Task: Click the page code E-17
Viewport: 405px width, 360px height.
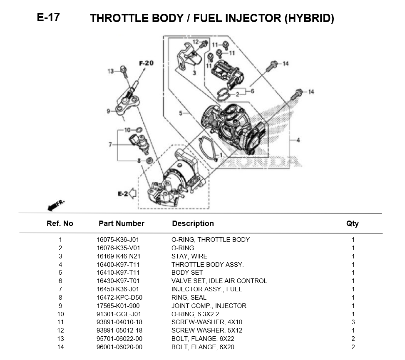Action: (x=48, y=17)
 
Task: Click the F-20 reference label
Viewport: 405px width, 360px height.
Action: (x=146, y=63)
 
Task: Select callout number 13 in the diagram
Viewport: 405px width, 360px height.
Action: (x=111, y=72)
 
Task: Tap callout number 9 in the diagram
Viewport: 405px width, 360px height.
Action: (x=108, y=111)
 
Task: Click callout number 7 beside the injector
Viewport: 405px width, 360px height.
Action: (x=110, y=144)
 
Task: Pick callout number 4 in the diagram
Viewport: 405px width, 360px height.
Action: (x=298, y=140)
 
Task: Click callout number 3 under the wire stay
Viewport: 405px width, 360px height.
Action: (x=194, y=73)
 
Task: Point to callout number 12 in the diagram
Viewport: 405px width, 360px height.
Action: (x=196, y=41)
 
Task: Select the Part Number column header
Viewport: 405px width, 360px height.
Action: (x=122, y=223)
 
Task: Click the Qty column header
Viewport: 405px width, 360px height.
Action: (x=352, y=223)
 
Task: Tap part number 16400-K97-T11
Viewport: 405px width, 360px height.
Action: (x=118, y=265)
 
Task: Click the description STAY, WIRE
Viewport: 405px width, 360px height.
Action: (x=189, y=256)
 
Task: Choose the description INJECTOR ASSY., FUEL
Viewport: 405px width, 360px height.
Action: (x=206, y=289)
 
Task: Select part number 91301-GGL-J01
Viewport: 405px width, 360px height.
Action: (x=118, y=314)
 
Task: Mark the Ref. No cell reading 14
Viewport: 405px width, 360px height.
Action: (x=60, y=347)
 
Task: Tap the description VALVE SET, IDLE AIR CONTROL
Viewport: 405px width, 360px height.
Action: (x=219, y=281)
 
